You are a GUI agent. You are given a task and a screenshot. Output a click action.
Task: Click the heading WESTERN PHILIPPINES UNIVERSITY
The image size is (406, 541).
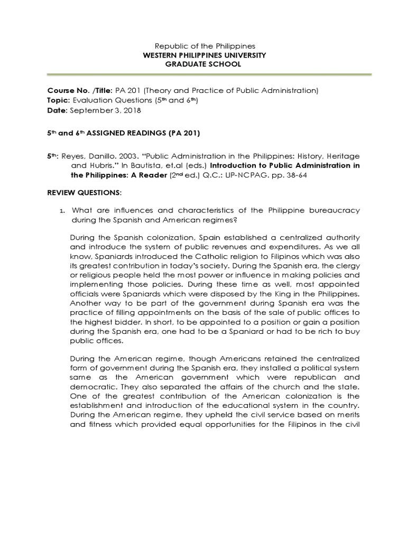point(202,55)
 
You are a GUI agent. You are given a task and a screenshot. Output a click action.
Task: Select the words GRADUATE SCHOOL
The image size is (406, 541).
point(202,64)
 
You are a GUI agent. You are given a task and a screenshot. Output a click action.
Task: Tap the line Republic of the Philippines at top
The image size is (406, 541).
point(202,46)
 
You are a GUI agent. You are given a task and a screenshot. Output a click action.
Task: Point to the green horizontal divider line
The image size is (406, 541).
point(202,75)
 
